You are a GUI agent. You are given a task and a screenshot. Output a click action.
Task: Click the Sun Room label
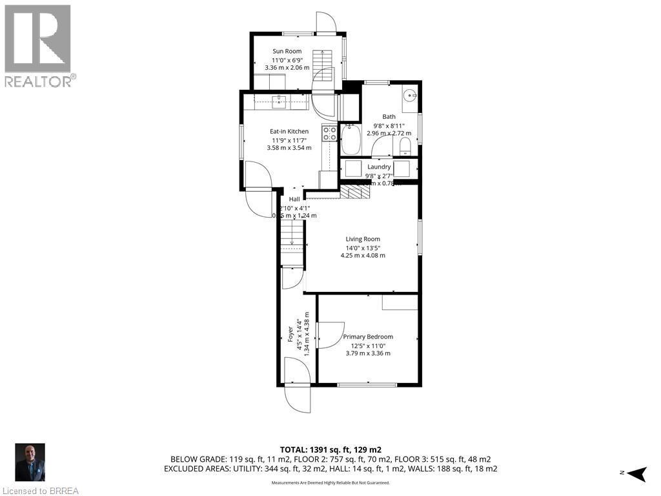click(x=287, y=51)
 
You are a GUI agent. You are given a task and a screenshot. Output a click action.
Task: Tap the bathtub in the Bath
click(x=351, y=139)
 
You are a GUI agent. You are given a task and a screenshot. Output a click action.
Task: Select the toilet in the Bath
click(x=405, y=145)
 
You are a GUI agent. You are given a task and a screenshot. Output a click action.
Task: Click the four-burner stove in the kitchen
click(x=330, y=134)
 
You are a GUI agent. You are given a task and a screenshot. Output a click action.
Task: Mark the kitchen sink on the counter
click(x=280, y=101)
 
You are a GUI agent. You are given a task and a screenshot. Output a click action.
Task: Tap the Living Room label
click(x=363, y=239)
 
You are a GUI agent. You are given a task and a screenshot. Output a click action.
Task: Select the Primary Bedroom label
click(x=367, y=336)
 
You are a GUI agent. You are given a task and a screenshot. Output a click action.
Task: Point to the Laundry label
click(x=379, y=167)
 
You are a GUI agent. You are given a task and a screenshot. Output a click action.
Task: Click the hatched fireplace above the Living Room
click(x=353, y=192)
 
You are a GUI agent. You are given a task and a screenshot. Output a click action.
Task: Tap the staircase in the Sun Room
click(x=322, y=65)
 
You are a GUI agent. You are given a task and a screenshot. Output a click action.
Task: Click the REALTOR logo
click(x=38, y=45)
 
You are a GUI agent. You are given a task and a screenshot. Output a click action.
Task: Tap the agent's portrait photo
click(x=30, y=462)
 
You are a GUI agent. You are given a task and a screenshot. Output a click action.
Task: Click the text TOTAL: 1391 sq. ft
click(x=330, y=449)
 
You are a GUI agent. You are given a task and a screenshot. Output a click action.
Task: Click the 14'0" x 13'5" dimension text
click(x=363, y=247)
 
